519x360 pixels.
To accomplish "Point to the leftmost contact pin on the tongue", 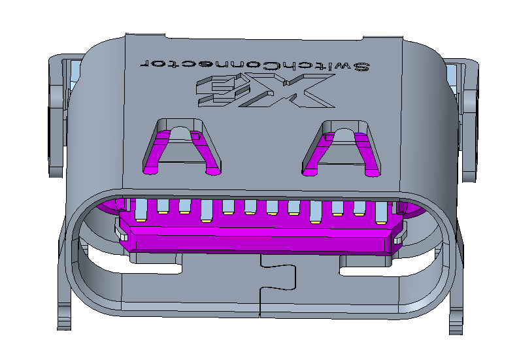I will pos(142,209).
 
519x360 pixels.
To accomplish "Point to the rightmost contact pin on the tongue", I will pos(380,211).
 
